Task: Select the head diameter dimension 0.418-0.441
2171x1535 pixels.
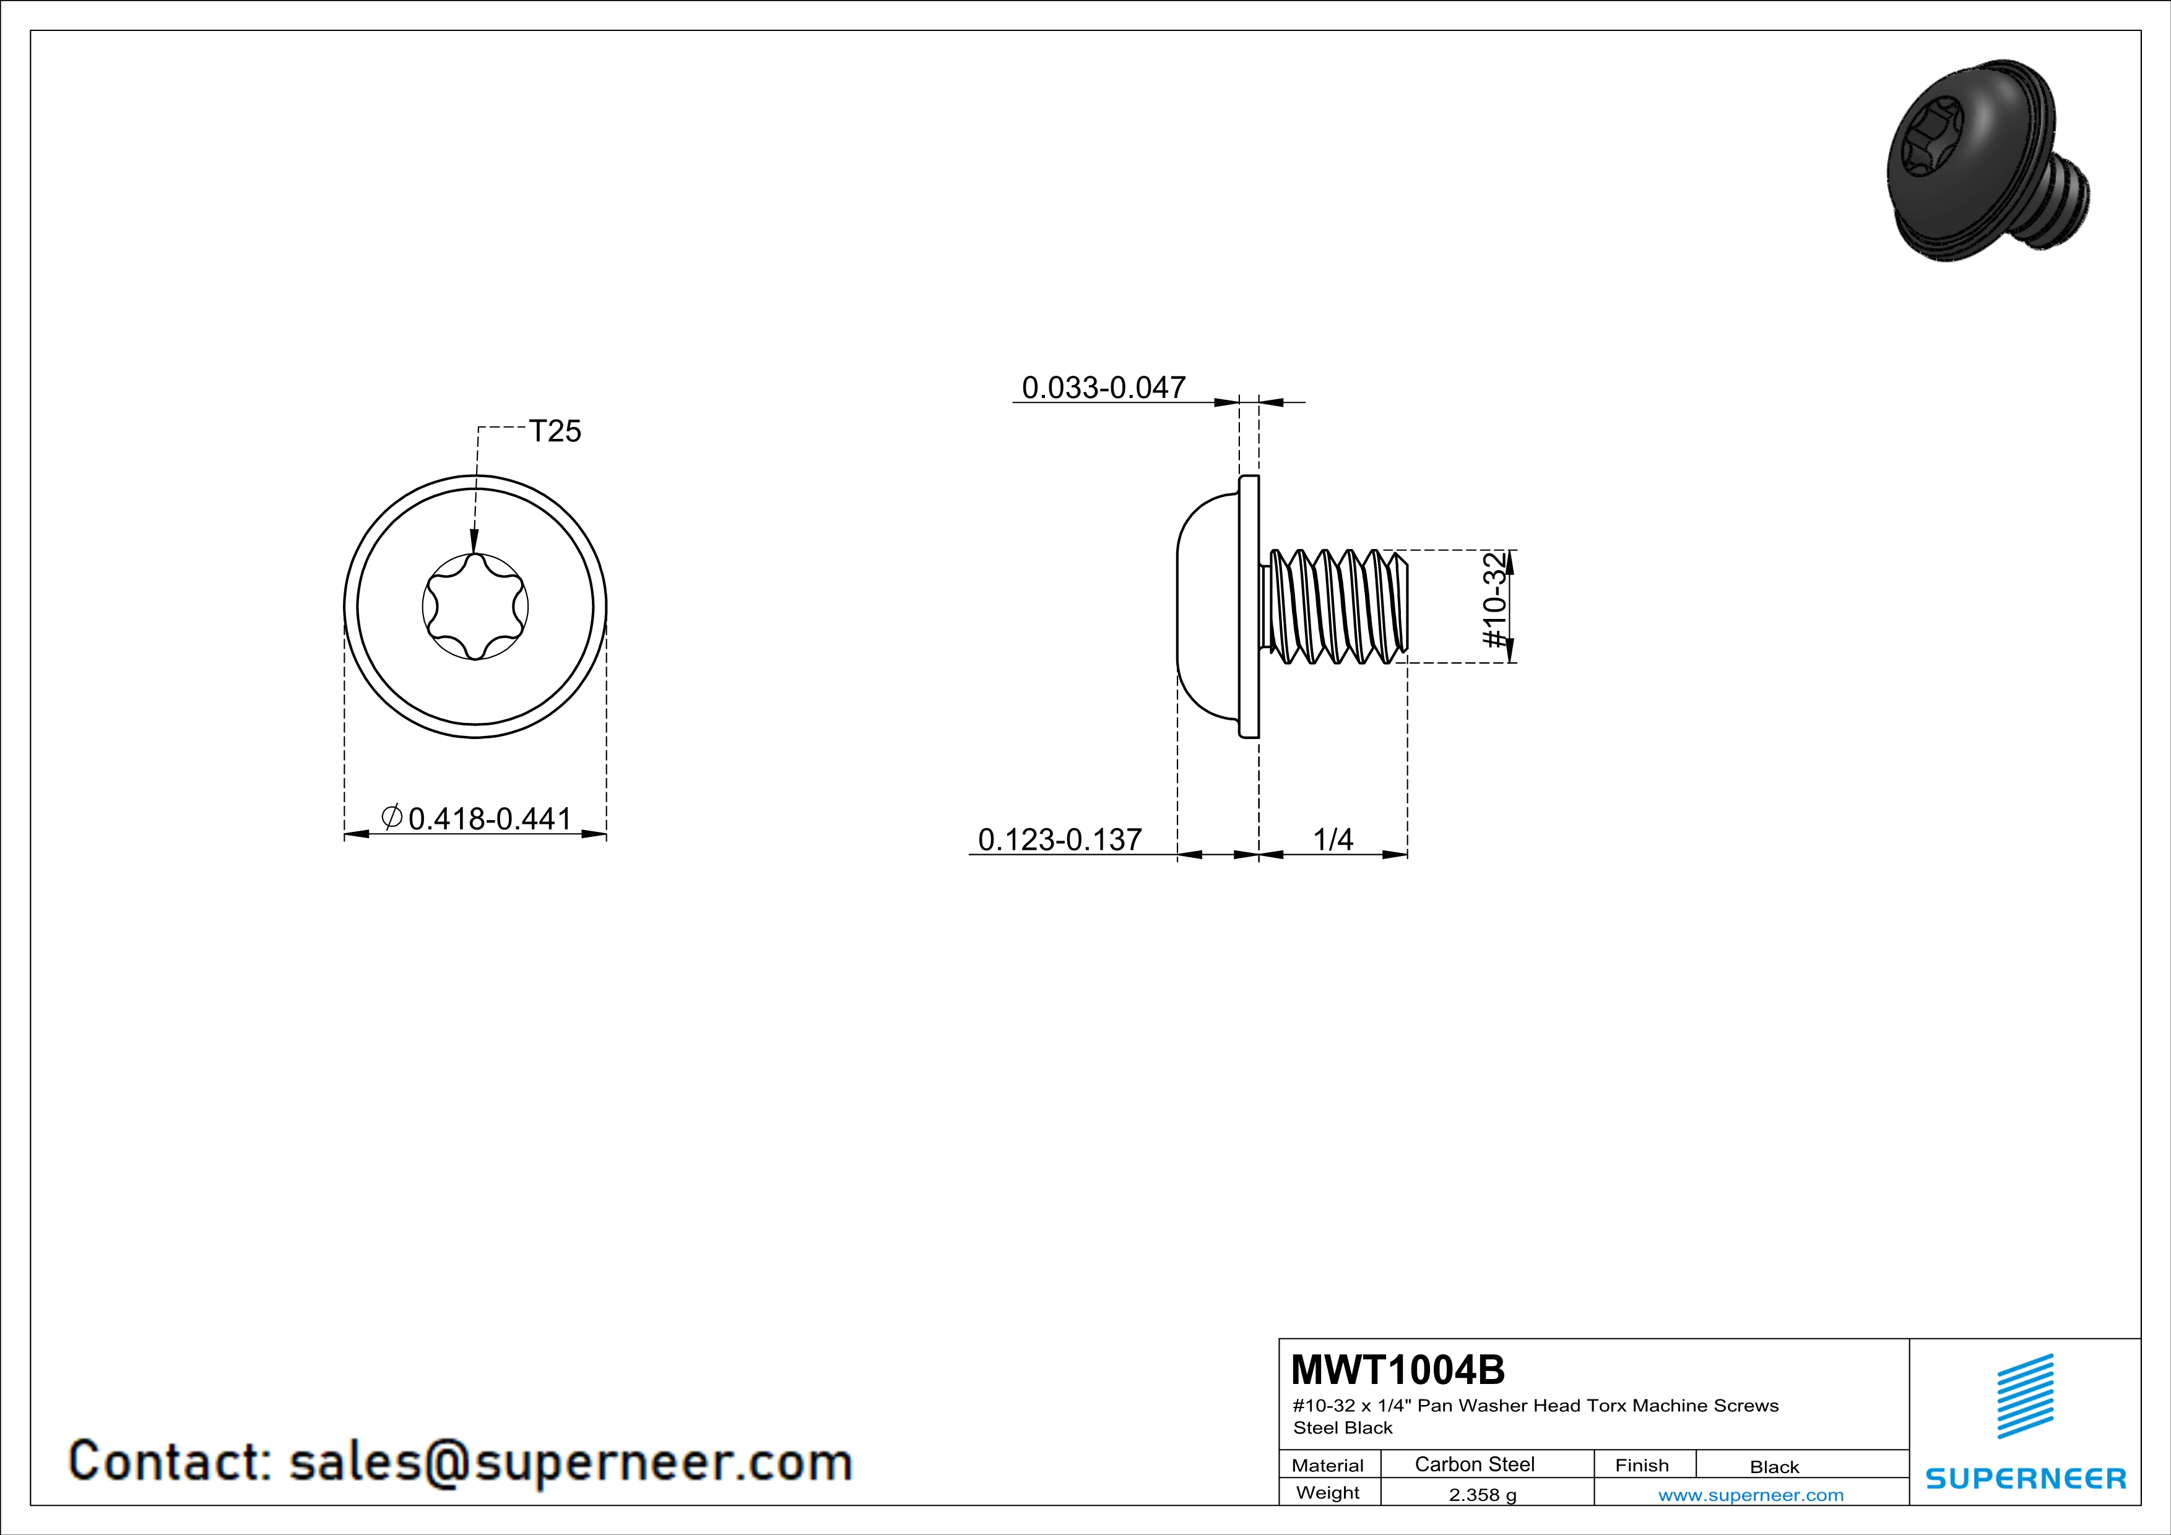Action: tap(490, 818)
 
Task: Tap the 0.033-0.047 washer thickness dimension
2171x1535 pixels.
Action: tap(1104, 387)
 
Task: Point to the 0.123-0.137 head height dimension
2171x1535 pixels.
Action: tap(1060, 839)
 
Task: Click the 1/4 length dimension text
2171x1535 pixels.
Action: tap(1333, 839)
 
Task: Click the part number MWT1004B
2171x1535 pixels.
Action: tap(1398, 1370)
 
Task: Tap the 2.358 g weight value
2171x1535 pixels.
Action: tap(1483, 1494)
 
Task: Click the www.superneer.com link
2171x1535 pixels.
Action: tap(1751, 1494)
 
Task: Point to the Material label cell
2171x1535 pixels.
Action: tap(1328, 1465)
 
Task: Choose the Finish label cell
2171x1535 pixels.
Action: tap(1642, 1465)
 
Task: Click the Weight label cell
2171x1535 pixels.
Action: tap(1328, 1492)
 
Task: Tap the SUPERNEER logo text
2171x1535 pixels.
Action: tap(2026, 1478)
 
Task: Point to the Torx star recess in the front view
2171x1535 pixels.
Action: tap(475, 606)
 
